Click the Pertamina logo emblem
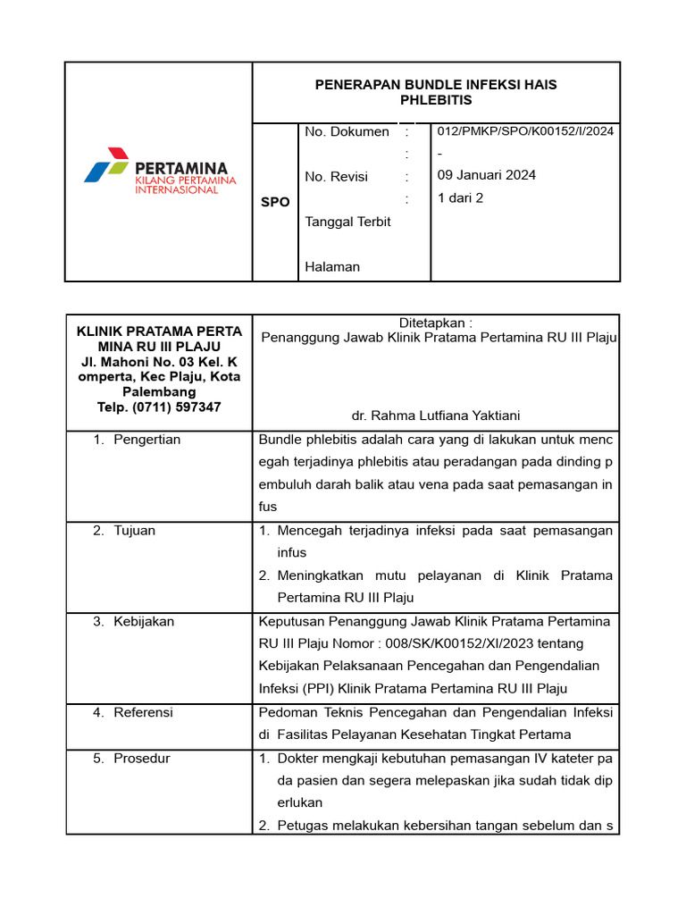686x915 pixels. (107, 166)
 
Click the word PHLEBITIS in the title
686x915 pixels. (436, 100)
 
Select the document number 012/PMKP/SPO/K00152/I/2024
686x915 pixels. (525, 131)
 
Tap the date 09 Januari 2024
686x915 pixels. (487, 175)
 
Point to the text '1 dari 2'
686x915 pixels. (460, 198)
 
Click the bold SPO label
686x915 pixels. (275, 202)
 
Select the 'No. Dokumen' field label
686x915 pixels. (347, 131)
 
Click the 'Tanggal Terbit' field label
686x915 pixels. (347, 222)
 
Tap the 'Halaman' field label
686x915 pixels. (332, 266)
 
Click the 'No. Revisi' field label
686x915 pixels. (336, 177)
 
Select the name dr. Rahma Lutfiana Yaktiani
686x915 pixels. (436, 416)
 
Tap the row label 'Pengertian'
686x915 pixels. (146, 440)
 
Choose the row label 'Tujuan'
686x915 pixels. (134, 531)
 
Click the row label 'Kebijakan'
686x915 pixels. (144, 621)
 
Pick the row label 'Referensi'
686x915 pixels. (143, 712)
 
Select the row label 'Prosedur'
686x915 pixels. (141, 759)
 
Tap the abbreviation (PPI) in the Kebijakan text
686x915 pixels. (313, 688)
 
